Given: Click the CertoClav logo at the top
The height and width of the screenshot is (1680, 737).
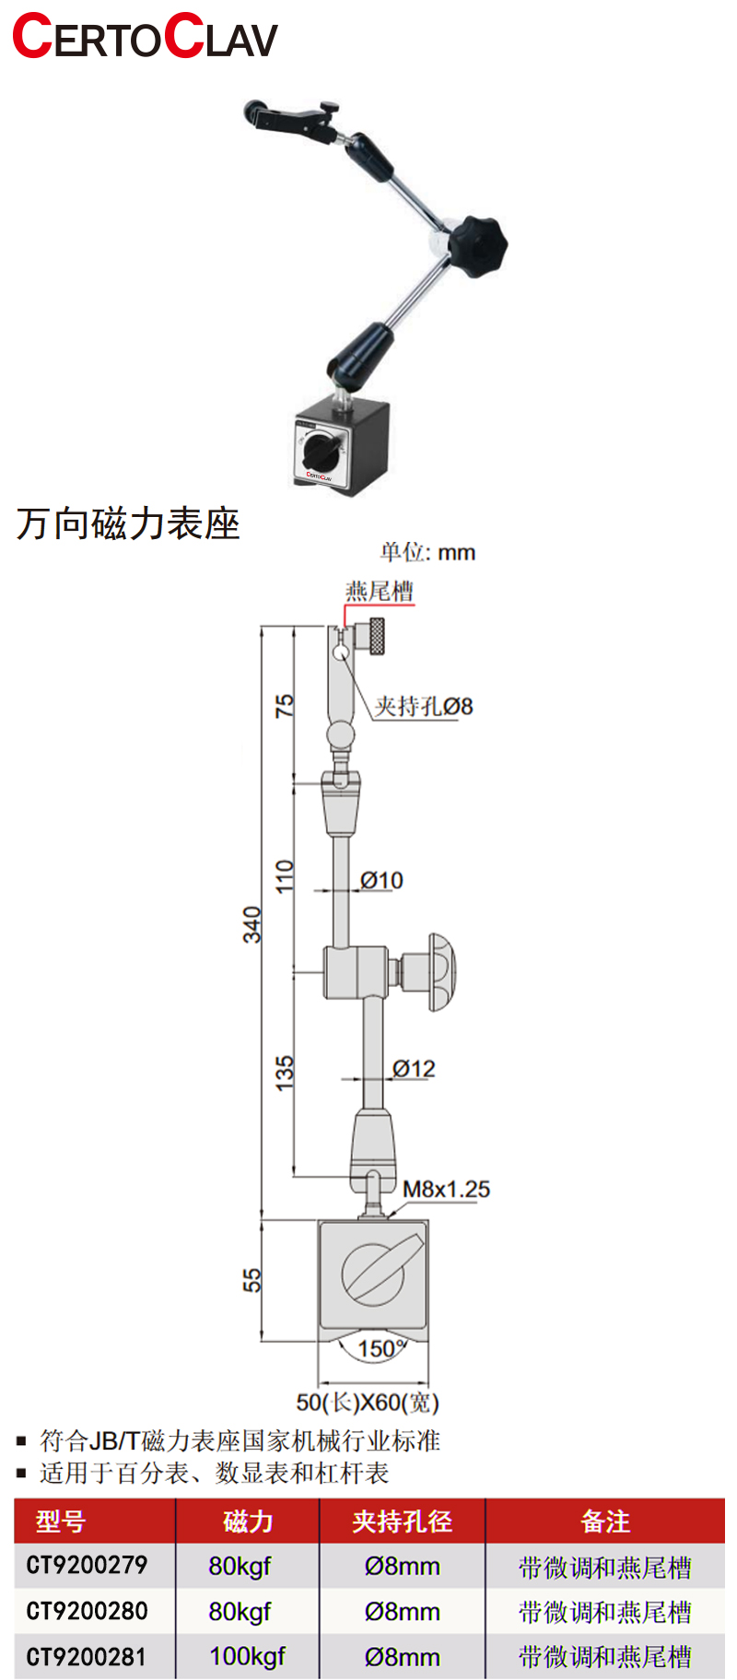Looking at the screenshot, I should pyautogui.click(x=145, y=37).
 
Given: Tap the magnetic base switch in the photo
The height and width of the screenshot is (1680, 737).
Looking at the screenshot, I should pyautogui.click(x=322, y=450).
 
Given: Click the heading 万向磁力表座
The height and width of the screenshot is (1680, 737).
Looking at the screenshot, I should pyautogui.click(x=128, y=523).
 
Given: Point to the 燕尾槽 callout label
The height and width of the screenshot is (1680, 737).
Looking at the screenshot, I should pyautogui.click(x=379, y=591).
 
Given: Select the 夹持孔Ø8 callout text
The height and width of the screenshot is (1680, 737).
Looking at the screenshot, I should pyautogui.click(x=423, y=706).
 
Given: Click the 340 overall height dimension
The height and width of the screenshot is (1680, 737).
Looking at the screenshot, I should pyautogui.click(x=252, y=923).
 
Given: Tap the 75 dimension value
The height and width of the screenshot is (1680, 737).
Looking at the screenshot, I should pyautogui.click(x=285, y=705).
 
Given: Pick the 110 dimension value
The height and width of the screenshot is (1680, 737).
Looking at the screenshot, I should pyautogui.click(x=285, y=875).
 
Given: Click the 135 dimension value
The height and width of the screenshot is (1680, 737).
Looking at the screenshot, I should pyautogui.click(x=285, y=1073).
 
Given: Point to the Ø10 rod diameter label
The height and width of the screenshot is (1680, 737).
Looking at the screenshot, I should pyautogui.click(x=381, y=880).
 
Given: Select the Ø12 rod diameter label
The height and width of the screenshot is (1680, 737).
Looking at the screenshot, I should pyautogui.click(x=414, y=1068).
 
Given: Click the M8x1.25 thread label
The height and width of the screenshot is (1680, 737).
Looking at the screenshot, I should pyautogui.click(x=446, y=1189).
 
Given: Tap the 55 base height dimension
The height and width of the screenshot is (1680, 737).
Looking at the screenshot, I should pyautogui.click(x=252, y=1280).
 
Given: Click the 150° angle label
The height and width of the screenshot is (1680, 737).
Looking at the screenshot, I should pyautogui.click(x=381, y=1348).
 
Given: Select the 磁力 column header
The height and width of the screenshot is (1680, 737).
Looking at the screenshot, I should pyautogui.click(x=248, y=1521).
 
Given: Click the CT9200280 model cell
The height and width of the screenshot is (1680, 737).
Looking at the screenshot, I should pyautogui.click(x=87, y=1611).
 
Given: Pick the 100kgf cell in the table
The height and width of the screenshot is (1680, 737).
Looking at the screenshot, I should pyautogui.click(x=247, y=1656).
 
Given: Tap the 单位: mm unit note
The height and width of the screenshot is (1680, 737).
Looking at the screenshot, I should pyautogui.click(x=427, y=552).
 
